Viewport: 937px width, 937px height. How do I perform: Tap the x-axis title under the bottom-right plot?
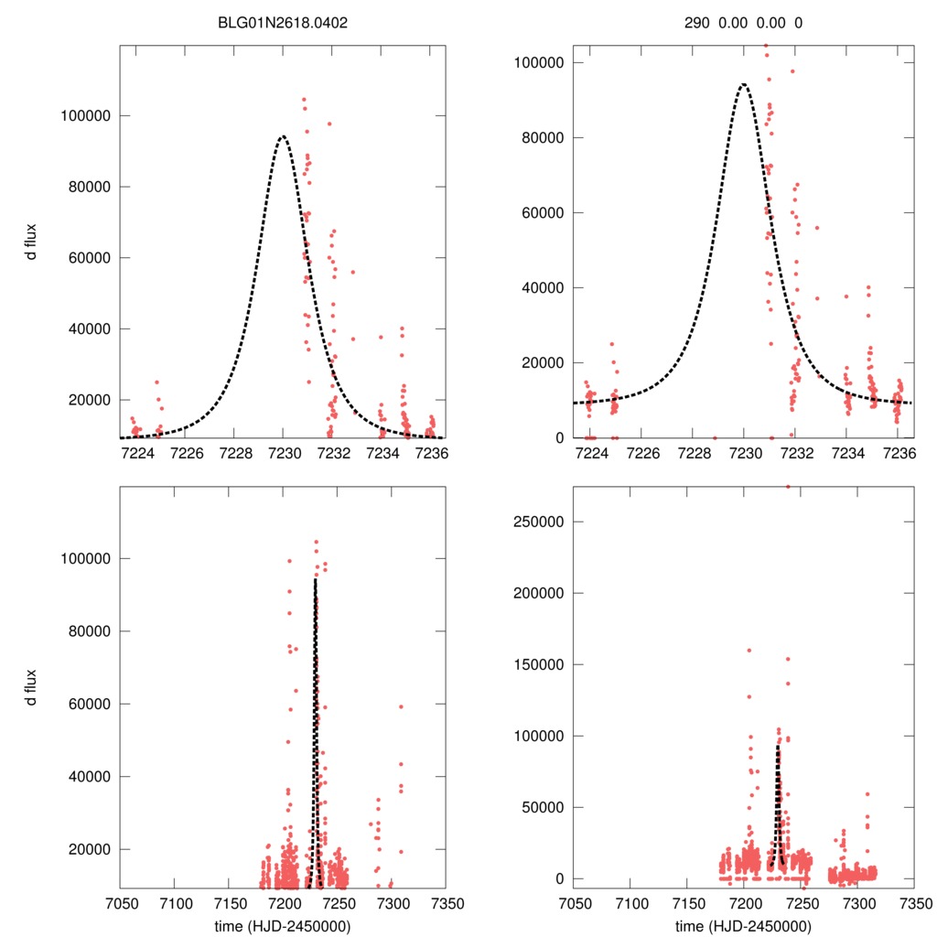tap(742, 926)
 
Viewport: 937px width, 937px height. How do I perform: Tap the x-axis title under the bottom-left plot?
tap(283, 926)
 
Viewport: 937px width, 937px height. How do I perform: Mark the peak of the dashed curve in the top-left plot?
tap(283, 136)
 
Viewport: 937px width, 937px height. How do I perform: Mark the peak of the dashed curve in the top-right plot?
tap(743, 84)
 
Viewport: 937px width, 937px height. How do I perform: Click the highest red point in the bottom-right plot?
tap(787, 487)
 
